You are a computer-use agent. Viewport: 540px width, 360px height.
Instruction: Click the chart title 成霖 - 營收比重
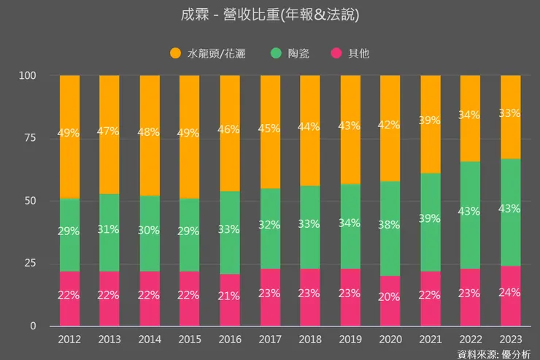click(269, 15)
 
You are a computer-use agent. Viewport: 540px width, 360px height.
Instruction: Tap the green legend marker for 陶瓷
click(276, 53)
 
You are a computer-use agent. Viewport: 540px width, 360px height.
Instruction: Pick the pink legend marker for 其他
click(336, 53)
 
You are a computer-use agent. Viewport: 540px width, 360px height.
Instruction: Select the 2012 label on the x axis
click(69, 340)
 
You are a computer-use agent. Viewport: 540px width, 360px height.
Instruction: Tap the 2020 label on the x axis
click(390, 340)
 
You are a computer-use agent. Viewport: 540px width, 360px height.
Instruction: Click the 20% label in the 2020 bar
click(390, 296)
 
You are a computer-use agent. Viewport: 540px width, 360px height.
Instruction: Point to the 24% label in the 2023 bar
click(509, 292)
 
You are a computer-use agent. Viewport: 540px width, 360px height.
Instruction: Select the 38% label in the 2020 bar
click(390, 225)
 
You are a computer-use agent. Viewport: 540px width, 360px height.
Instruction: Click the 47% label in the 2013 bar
click(109, 131)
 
